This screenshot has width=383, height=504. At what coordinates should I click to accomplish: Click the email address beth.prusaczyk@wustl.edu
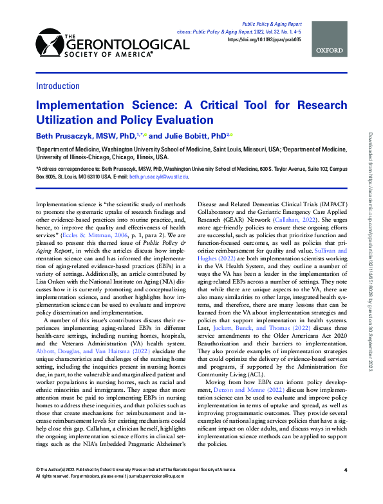click(x=158, y=175)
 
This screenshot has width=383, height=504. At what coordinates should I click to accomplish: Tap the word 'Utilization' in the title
click(x=70, y=119)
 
